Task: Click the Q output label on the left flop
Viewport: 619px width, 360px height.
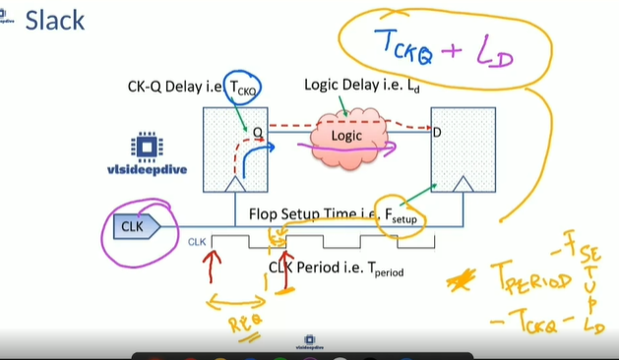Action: (x=258, y=130)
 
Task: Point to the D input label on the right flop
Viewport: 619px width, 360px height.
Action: (x=437, y=130)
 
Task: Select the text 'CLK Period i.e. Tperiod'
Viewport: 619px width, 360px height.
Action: (x=336, y=267)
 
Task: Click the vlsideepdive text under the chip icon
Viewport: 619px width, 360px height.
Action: (x=147, y=170)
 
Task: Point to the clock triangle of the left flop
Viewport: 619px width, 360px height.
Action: (x=235, y=184)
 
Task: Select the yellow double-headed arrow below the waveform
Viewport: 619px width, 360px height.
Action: (x=235, y=299)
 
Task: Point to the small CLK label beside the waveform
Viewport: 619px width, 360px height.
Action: (x=197, y=239)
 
